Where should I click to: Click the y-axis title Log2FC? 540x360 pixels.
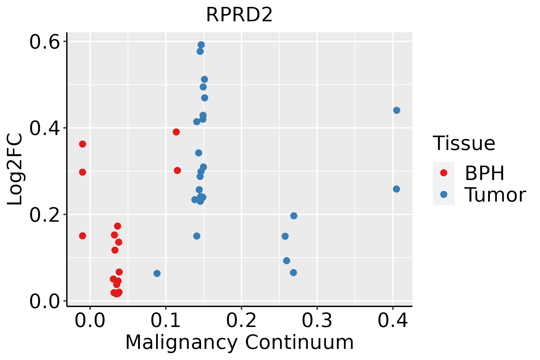[15, 169]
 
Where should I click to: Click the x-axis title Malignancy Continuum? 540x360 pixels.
[239, 343]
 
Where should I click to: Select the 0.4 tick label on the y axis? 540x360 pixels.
[44, 128]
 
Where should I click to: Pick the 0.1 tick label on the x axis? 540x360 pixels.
[165, 321]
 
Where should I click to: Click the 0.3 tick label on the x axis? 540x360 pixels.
[317, 321]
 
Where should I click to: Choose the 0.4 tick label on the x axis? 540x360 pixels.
[392, 321]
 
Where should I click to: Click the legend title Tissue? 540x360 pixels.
[464, 143]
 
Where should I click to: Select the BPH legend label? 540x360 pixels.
[484, 173]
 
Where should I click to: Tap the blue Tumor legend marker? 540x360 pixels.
[443, 194]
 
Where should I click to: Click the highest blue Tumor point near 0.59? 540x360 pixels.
[201, 45]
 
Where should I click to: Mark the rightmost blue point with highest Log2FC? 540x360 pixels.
[397, 110]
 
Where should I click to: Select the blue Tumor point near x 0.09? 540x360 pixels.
[157, 273]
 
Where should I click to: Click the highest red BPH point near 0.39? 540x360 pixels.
[176, 132]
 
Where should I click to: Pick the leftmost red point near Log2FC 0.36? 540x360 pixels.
[82, 144]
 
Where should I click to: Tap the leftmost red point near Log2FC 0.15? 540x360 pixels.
[82, 236]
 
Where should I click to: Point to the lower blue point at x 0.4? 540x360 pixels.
[396, 189]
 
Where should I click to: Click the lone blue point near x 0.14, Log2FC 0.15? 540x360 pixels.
[197, 236]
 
